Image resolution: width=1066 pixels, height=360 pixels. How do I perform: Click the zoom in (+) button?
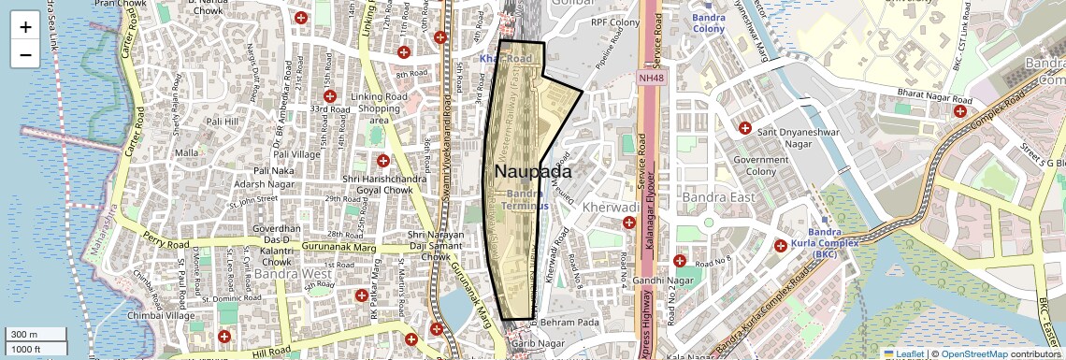pyautogui.click(x=25, y=27)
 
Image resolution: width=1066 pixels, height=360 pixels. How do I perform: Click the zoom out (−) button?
pyautogui.click(x=25, y=55)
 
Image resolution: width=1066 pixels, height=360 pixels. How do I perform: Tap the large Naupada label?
pyautogui.click(x=533, y=172)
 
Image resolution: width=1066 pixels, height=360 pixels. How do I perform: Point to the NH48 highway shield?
pyautogui.click(x=651, y=79)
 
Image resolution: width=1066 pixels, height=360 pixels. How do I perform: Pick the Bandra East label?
pyautogui.click(x=717, y=198)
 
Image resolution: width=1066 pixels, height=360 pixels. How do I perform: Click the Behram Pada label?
pyautogui.click(x=568, y=321)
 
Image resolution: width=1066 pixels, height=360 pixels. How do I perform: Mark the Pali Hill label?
pyautogui.click(x=223, y=122)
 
